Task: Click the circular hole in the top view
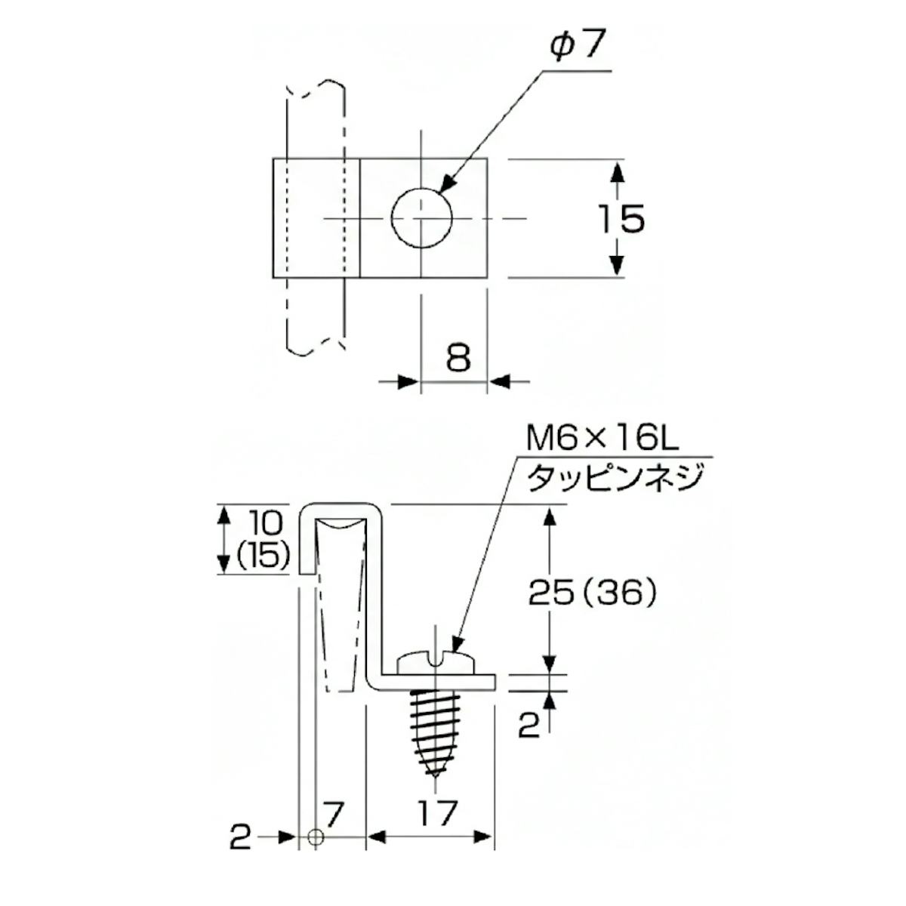coord(421,218)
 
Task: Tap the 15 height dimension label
coord(621,219)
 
